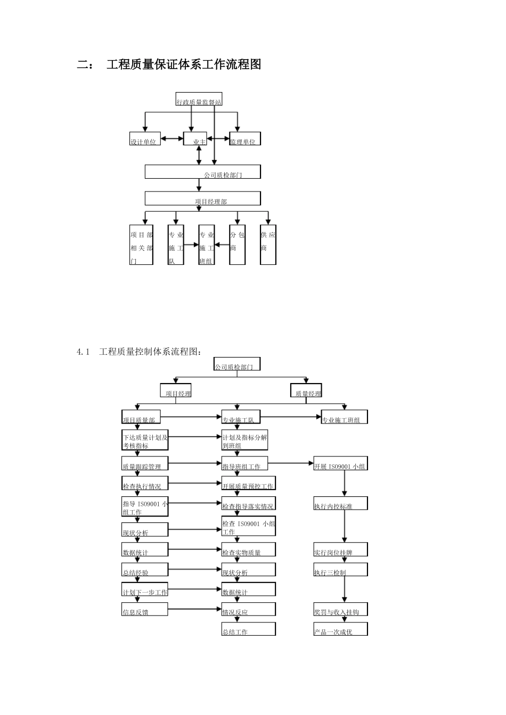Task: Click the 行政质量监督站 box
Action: pyautogui.click(x=199, y=99)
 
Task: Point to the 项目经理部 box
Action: pyautogui.click(x=202, y=198)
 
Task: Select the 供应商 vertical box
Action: pyautogui.click(x=268, y=245)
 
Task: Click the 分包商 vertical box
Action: pyautogui.click(x=237, y=245)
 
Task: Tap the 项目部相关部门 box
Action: pyautogui.click(x=142, y=245)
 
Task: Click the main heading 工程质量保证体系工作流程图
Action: pyautogui.click(x=183, y=65)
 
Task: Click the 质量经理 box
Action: pyautogui.click(x=306, y=390)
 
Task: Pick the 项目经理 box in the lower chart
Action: pyautogui.click(x=176, y=390)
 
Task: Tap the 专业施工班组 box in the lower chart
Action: pyautogui.click(x=344, y=417)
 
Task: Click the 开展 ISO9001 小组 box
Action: pyautogui.click(x=340, y=463)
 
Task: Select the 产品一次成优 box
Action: pyautogui.click(x=340, y=629)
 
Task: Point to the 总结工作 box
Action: pyautogui.click(x=248, y=629)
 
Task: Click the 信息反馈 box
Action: pyautogui.click(x=145, y=609)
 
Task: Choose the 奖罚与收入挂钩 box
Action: pyautogui.click(x=340, y=609)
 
